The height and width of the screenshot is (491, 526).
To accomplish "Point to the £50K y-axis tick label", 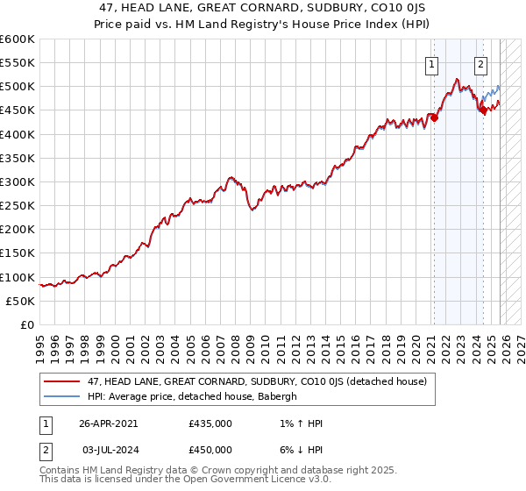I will [x=20, y=301].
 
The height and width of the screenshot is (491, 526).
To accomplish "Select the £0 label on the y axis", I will [x=28, y=324].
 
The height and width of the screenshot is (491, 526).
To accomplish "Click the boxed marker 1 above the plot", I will [x=433, y=63].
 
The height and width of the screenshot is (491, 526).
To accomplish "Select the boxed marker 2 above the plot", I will [x=481, y=63].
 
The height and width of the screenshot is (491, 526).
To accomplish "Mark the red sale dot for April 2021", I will [x=434, y=117].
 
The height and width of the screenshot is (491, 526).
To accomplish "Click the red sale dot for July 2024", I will [x=482, y=110].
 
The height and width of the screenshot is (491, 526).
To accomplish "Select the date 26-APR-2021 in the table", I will [x=108, y=423].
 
